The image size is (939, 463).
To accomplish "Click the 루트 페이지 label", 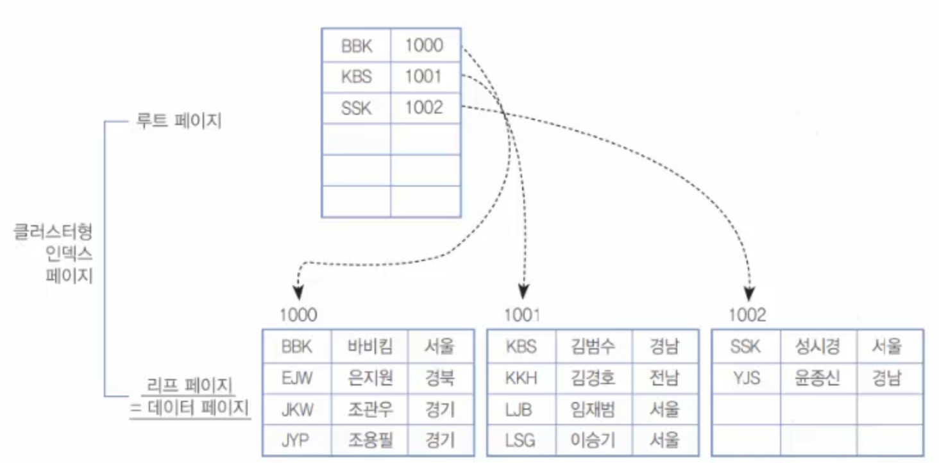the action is [178, 121].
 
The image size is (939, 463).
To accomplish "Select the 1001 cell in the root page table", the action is [423, 77].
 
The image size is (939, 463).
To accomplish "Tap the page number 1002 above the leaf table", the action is [747, 315].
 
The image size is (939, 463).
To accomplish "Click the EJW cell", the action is [297, 378].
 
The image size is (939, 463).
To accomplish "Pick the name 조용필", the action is [369, 439].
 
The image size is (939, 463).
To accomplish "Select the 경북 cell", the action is [439, 378].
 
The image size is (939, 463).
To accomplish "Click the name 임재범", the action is [593, 408].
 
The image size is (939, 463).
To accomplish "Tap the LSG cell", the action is [520, 439].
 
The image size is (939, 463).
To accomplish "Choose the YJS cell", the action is [745, 378].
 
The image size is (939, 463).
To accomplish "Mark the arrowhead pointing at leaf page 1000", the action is [297, 293].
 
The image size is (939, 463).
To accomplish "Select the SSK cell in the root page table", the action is [356, 108].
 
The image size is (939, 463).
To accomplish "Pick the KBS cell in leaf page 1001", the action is [520, 347].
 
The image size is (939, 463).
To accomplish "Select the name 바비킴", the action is [369, 347].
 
